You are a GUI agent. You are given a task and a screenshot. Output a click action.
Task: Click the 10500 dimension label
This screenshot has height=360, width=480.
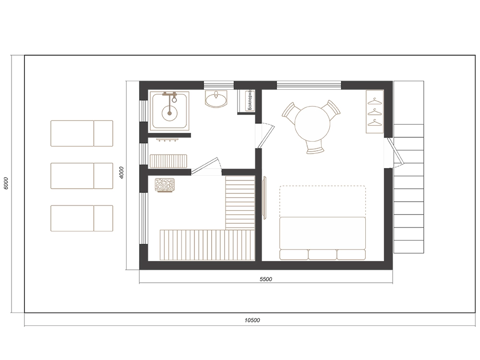pos(252,320)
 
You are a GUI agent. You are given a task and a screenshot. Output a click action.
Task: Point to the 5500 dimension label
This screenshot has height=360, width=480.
pos(266,279)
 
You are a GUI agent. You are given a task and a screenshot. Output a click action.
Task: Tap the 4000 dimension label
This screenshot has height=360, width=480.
pos(121,173)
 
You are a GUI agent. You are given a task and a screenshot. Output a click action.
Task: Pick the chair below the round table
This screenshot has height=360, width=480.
pos(315,148)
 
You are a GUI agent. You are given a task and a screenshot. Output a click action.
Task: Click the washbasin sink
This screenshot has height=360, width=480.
pos(216,98)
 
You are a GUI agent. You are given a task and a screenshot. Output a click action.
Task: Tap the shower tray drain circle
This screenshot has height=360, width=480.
pos(169,113)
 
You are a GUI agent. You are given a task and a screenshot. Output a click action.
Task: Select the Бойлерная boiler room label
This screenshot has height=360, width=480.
pos(250,100)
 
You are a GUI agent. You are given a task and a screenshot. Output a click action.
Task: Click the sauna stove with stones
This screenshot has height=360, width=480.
pos(165,185)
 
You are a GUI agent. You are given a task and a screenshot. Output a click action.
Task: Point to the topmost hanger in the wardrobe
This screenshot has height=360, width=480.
pos(375,100)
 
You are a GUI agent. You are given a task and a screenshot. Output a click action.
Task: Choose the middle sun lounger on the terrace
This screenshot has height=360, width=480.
pos(82,176)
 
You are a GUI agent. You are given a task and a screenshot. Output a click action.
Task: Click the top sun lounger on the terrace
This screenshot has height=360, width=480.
pos(82,133)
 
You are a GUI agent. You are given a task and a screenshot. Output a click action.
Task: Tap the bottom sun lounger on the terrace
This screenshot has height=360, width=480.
pos(82,218)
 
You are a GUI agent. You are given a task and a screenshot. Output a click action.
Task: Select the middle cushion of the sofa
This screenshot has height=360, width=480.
pos(323,255)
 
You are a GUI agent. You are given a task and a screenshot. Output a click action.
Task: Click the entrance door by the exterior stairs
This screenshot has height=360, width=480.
pos(396,151)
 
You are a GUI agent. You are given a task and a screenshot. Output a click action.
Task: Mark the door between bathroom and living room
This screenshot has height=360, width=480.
pos(265,136)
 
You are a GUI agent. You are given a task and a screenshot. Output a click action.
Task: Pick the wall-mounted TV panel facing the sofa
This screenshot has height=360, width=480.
pos(265,197)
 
